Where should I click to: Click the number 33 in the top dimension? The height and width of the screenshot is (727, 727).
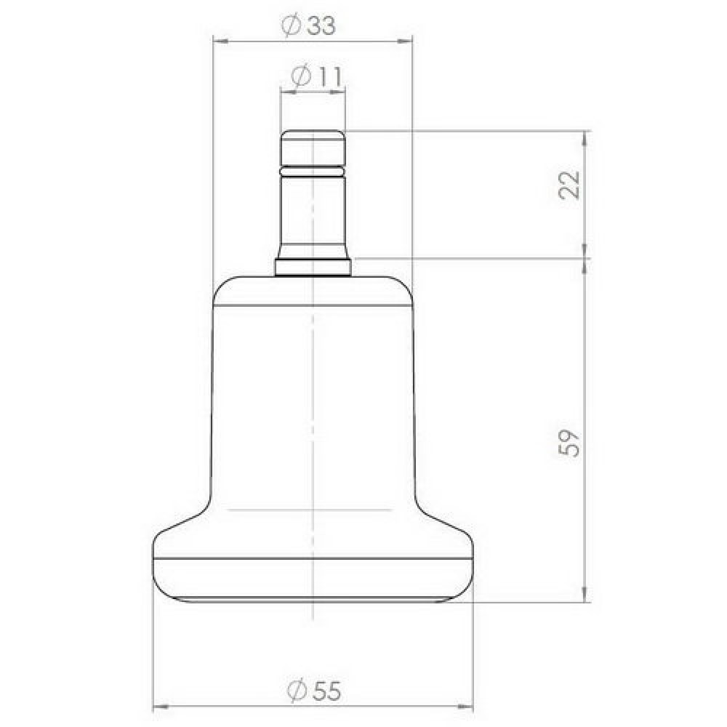[x=321, y=25]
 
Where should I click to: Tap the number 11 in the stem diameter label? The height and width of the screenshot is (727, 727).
[x=329, y=76]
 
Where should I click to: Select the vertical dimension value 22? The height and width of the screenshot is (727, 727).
[x=569, y=185]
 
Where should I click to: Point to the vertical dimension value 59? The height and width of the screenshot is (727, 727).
[x=569, y=443]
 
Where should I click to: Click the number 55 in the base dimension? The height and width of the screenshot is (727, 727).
[x=326, y=691]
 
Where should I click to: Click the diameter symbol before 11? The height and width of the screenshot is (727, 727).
[x=301, y=76]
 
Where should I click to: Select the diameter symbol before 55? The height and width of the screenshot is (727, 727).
[x=297, y=691]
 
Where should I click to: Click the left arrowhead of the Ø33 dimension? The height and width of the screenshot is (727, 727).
[x=220, y=41]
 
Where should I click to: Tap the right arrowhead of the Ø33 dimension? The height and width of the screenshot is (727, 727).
[x=405, y=41]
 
